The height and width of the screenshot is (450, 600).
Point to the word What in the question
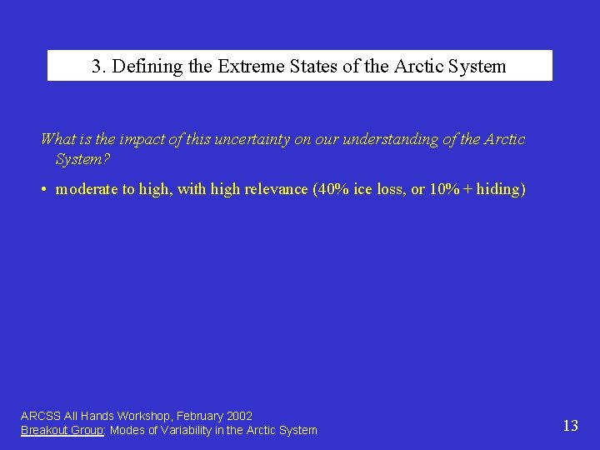click(57, 139)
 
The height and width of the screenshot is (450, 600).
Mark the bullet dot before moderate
click(42, 189)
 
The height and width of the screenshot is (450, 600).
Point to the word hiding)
click(501, 189)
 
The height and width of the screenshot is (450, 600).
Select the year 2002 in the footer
click(238, 415)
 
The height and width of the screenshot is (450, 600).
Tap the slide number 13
click(570, 426)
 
